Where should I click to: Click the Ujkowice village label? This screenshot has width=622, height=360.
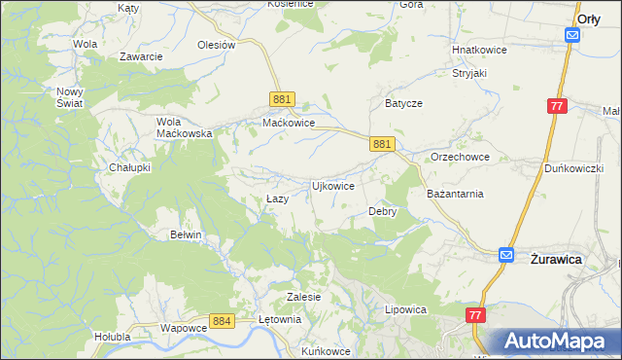(x=331, y=185)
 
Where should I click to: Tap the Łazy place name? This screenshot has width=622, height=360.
(x=277, y=198)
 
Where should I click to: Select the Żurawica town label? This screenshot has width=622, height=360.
(x=556, y=260)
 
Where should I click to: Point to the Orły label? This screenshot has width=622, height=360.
(x=588, y=18)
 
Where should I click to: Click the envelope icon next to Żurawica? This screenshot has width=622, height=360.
(x=506, y=255)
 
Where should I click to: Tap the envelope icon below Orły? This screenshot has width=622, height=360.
(x=572, y=35)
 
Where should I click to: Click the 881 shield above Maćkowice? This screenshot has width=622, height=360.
(x=282, y=100)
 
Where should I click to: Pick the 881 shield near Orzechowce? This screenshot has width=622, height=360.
(x=382, y=144)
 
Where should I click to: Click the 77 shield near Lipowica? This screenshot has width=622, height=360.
(x=474, y=315)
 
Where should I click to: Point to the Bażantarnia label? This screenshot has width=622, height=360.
(x=455, y=194)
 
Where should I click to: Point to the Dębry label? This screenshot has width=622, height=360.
(x=382, y=211)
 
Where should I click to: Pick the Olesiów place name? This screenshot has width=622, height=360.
(x=217, y=45)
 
